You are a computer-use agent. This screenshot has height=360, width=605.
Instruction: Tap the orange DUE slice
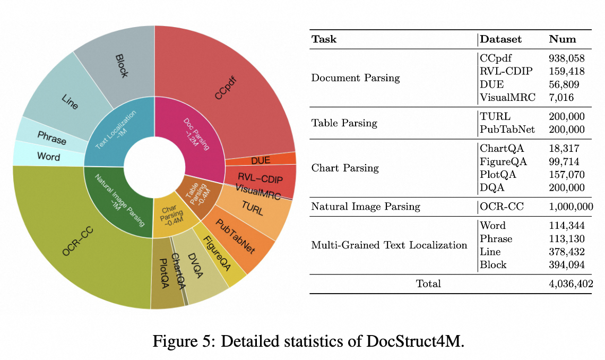260,158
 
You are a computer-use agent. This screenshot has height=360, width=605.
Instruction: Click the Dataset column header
500,39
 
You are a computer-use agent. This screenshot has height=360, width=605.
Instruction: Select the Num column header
562,39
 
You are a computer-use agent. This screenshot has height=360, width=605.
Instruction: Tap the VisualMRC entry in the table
508,97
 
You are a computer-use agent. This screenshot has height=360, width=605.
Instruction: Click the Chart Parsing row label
345,168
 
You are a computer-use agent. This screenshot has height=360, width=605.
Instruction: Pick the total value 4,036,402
571,284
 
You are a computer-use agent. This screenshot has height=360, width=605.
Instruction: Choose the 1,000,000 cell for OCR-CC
571,207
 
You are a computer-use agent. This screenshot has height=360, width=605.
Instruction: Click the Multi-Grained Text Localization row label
389,245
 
